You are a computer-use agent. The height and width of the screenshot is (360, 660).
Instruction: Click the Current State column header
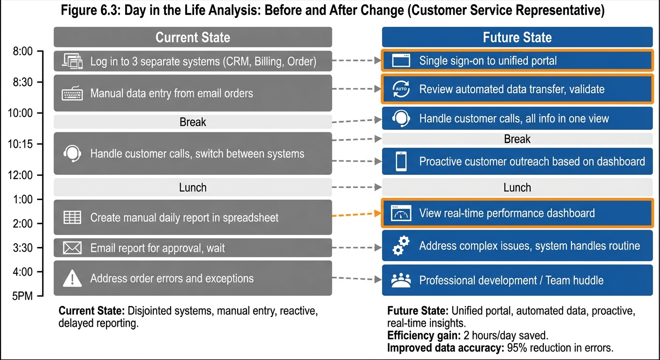click(x=193, y=37)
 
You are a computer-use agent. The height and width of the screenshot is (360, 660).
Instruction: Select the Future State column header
click(x=517, y=37)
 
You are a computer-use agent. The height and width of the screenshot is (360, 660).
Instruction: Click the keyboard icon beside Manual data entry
click(x=72, y=94)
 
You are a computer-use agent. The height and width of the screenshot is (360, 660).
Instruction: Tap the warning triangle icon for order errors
click(x=72, y=279)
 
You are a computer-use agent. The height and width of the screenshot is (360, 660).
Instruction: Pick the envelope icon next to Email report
click(x=72, y=248)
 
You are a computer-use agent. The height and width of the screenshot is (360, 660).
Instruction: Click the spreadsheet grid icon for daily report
click(x=72, y=217)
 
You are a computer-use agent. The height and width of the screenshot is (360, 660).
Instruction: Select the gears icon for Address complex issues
click(x=400, y=246)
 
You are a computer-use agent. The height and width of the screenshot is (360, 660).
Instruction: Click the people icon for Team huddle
click(x=400, y=281)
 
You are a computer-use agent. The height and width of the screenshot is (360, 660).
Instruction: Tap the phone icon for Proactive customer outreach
click(x=401, y=161)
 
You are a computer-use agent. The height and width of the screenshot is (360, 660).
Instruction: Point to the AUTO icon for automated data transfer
click(x=400, y=89)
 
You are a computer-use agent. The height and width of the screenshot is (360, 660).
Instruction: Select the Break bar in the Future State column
click(x=517, y=139)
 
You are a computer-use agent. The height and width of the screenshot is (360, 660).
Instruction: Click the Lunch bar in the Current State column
click(x=193, y=187)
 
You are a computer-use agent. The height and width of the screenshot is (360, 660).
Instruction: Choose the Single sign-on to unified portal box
click(x=517, y=60)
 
